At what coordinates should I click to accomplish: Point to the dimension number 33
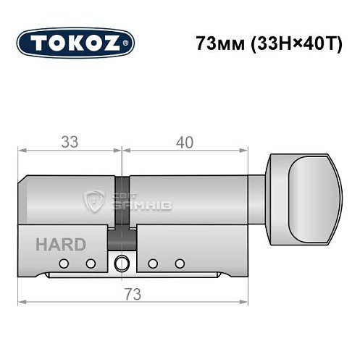[x=69, y=143]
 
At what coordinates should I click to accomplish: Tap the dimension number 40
[x=184, y=143]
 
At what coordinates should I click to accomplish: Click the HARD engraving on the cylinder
[x=59, y=244]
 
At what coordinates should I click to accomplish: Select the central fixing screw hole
[x=121, y=262]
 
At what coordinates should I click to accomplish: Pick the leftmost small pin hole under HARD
[x=64, y=263]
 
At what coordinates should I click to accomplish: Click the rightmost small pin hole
[x=179, y=263]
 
